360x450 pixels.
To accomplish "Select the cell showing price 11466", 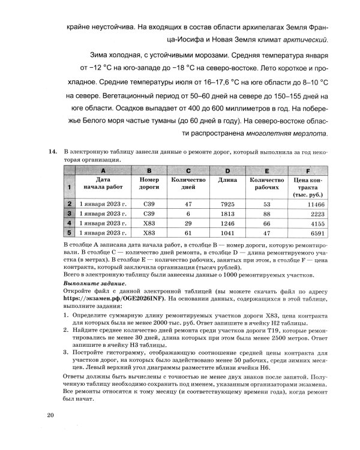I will pyautogui.click(x=308, y=204).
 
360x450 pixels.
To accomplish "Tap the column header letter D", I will pyautogui.click(x=227, y=170).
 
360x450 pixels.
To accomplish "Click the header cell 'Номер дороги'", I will pyautogui.click(x=149, y=184).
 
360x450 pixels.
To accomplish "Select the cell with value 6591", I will pyautogui.click(x=308, y=233).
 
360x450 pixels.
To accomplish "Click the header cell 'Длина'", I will pyautogui.click(x=227, y=180).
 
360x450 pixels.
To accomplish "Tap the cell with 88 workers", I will pyautogui.click(x=267, y=214).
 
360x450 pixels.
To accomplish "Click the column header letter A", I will pyautogui.click(x=103, y=170).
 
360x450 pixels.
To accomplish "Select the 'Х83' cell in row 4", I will pyautogui.click(x=149, y=223).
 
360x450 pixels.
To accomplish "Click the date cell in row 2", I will pyautogui.click(x=103, y=204).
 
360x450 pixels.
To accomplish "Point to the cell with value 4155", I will pyautogui.click(x=308, y=223).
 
